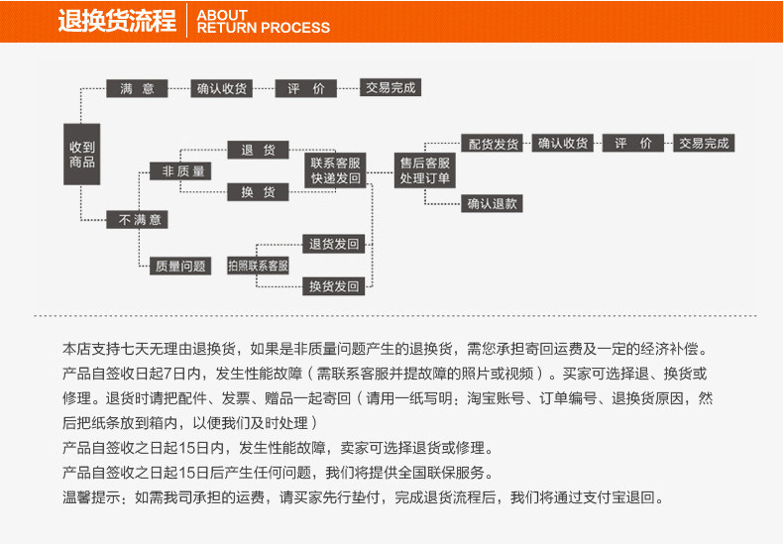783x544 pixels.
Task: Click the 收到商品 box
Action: click(82, 154)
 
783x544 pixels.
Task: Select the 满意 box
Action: click(137, 88)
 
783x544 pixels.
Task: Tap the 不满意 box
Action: click(137, 219)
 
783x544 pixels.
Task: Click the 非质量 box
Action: click(179, 171)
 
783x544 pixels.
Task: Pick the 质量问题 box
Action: click(179, 266)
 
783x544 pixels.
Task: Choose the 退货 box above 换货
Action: click(258, 151)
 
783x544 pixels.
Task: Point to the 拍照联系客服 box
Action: click(258, 266)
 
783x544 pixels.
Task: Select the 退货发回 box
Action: click(334, 244)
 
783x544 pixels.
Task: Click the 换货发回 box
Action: click(334, 286)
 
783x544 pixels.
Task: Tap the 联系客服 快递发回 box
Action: click(335, 169)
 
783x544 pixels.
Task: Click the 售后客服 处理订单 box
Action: click(424, 170)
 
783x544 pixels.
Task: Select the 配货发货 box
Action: click(493, 144)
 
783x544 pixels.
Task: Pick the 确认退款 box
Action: click(493, 204)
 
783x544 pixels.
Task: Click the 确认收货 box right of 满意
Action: click(221, 88)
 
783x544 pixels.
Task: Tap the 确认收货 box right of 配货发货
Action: click(563, 144)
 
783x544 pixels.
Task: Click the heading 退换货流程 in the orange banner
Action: click(116, 21)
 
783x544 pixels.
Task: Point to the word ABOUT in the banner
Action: click(222, 15)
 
